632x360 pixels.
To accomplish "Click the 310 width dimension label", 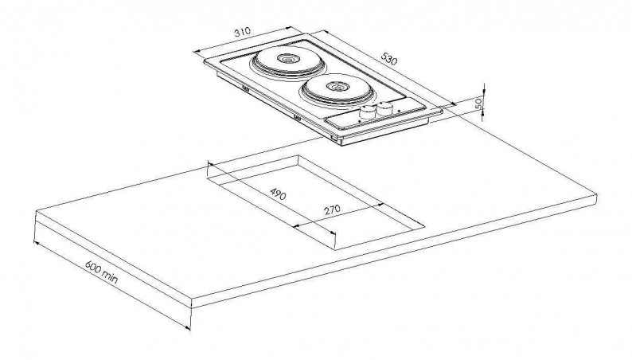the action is [x=242, y=32].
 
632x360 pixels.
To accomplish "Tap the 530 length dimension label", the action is [x=389, y=59].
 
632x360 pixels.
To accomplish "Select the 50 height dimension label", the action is [x=479, y=104].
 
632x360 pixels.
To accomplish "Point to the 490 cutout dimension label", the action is [x=278, y=194].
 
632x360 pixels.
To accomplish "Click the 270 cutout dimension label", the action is [x=332, y=209].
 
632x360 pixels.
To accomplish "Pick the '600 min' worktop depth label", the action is [x=102, y=271].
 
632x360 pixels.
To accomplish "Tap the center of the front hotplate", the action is [x=337, y=87].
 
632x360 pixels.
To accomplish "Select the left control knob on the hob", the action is [x=367, y=112].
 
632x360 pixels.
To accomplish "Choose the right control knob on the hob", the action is [x=385, y=108].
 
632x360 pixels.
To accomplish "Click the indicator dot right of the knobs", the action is [x=399, y=110].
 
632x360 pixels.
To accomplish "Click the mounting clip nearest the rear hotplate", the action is [x=245, y=88].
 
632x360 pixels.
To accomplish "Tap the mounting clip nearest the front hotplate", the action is [x=298, y=118].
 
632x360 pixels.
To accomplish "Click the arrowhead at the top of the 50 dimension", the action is [x=484, y=88].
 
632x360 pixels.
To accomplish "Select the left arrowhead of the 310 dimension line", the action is [x=197, y=51].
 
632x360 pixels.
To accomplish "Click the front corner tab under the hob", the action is [x=334, y=138].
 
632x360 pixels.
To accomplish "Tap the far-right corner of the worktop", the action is [x=596, y=195].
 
